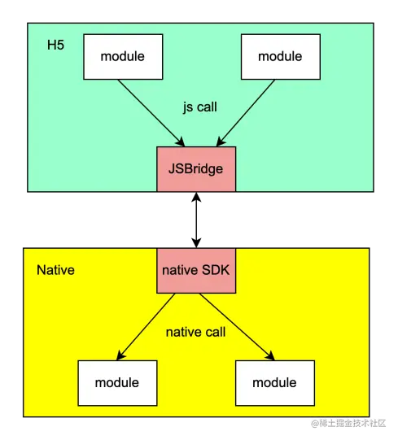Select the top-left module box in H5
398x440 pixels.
(x=122, y=56)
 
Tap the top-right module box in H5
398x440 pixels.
(x=279, y=56)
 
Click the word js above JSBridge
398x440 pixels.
(x=188, y=106)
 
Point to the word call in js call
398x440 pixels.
(x=209, y=106)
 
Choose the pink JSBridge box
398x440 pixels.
(x=196, y=169)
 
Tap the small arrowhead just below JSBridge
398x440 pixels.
(x=196, y=196)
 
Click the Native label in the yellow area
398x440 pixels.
(x=55, y=270)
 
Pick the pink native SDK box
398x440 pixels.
(x=196, y=270)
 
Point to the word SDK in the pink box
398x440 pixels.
(x=216, y=270)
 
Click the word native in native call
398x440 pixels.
(x=182, y=332)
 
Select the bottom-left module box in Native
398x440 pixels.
(x=116, y=382)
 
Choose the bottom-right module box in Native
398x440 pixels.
(x=273, y=382)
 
